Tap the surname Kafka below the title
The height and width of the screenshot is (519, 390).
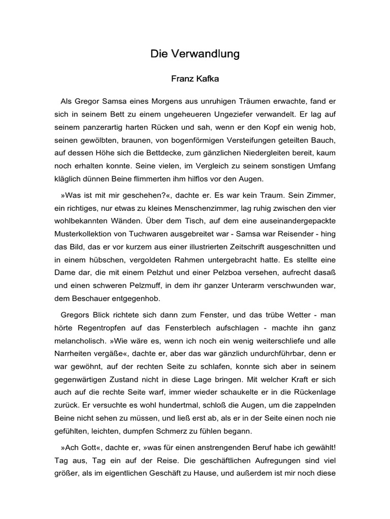coord(205,79)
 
